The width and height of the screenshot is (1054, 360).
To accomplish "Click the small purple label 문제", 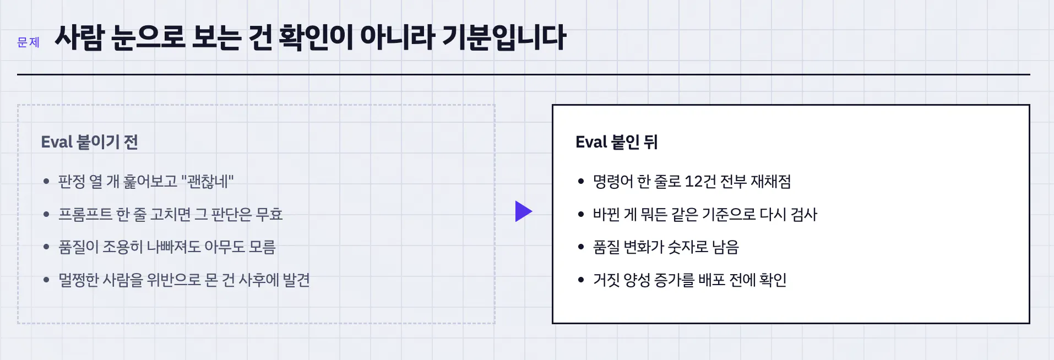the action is click(x=28, y=42).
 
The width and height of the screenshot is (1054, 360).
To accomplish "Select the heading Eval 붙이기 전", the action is click(x=89, y=142).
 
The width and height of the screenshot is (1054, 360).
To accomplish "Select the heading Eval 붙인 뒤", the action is click(x=616, y=142).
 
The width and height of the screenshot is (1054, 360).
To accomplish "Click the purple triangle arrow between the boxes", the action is click(x=524, y=211).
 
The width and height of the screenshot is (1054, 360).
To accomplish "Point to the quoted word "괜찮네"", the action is click(x=207, y=181).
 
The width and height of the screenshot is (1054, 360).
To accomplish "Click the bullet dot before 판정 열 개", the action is click(x=46, y=181).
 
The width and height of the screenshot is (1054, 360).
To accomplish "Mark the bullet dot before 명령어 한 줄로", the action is click(x=581, y=181).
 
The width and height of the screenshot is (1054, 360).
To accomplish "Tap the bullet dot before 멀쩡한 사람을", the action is click(x=46, y=280).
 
